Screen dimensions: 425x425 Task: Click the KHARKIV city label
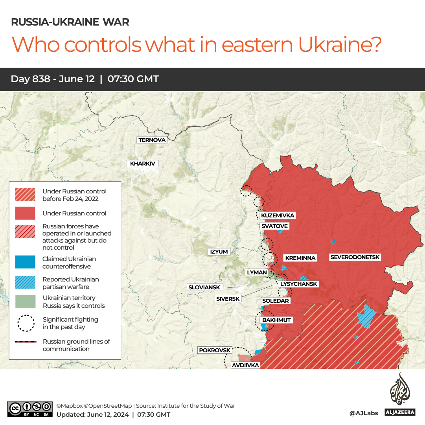[142, 164]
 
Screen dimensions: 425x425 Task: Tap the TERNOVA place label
[152, 140]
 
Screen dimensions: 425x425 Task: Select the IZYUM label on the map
[219, 252]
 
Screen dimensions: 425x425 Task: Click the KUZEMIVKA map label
[278, 215]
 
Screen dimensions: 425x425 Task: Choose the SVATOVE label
[274, 226]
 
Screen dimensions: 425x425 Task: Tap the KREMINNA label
[300, 258]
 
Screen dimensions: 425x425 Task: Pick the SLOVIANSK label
[204, 287]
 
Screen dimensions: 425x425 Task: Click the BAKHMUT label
[276, 320]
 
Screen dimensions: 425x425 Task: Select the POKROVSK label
[215, 350]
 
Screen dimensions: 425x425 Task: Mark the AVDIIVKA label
[245, 365]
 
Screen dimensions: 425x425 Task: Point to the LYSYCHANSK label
[298, 284]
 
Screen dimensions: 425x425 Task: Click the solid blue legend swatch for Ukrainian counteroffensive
[25, 262]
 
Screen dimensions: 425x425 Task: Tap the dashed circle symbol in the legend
[25, 323]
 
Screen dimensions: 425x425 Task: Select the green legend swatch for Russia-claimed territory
[25, 302]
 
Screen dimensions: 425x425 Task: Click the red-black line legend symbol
[25, 342]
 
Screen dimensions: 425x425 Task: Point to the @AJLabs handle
[363, 413]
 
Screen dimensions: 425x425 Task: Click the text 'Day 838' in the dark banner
[30, 79]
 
